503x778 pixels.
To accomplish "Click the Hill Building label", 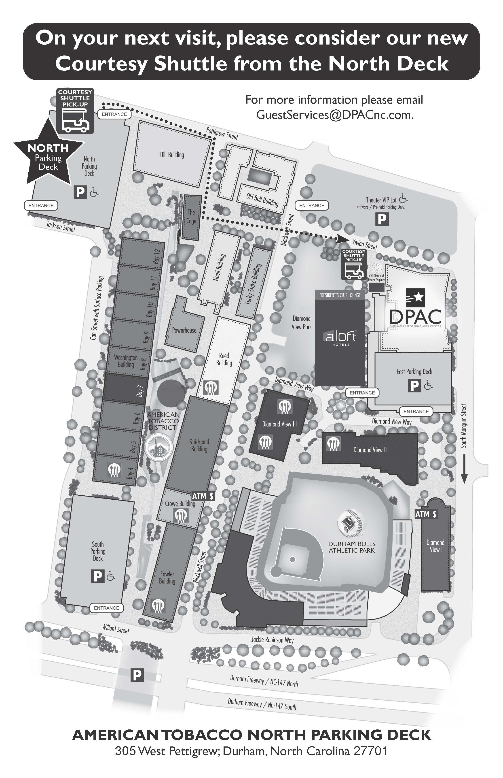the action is pyautogui.click(x=172, y=155).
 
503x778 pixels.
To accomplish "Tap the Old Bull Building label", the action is pyautogui.click(x=262, y=200).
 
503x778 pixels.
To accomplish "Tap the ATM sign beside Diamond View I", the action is pyautogui.click(x=426, y=514).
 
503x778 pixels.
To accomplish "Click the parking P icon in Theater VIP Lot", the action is pyautogui.click(x=381, y=219).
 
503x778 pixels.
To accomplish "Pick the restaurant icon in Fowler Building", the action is pyautogui.click(x=159, y=605).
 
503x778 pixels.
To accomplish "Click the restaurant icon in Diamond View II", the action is pyautogui.click(x=333, y=443).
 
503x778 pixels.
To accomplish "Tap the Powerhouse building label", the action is pyautogui.click(x=184, y=330).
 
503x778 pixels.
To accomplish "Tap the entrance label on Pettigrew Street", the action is pyautogui.click(x=114, y=114).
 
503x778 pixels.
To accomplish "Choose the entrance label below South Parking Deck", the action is pyautogui.click(x=106, y=608).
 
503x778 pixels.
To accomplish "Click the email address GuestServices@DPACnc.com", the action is pyautogui.click(x=335, y=115).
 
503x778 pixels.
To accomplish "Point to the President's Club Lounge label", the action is pyautogui.click(x=340, y=295).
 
